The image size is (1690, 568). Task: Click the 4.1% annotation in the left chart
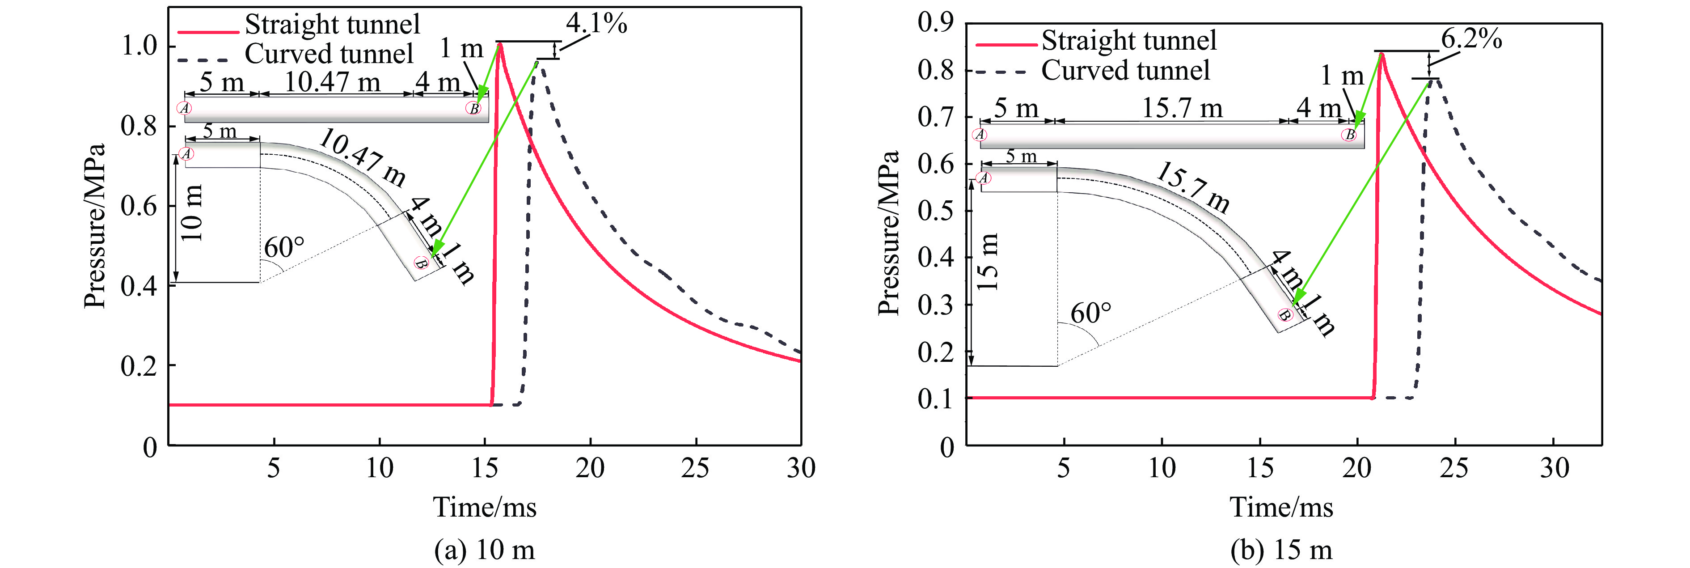(596, 24)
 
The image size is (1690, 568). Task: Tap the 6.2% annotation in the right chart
(1471, 39)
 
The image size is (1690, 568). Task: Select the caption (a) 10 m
(484, 550)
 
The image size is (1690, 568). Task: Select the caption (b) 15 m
(1281, 550)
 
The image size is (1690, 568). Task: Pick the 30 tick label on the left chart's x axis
(800, 468)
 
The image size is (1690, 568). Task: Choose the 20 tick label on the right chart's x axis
(1357, 468)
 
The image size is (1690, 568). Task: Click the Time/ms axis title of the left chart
(484, 507)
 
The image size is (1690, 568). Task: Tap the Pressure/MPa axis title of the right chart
(888, 233)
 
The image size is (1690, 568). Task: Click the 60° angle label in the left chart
(284, 248)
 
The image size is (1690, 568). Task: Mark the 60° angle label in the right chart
(1091, 313)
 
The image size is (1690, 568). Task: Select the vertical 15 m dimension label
(987, 261)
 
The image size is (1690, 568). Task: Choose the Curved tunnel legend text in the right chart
(1125, 70)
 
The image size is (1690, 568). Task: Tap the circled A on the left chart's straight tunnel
(185, 108)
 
